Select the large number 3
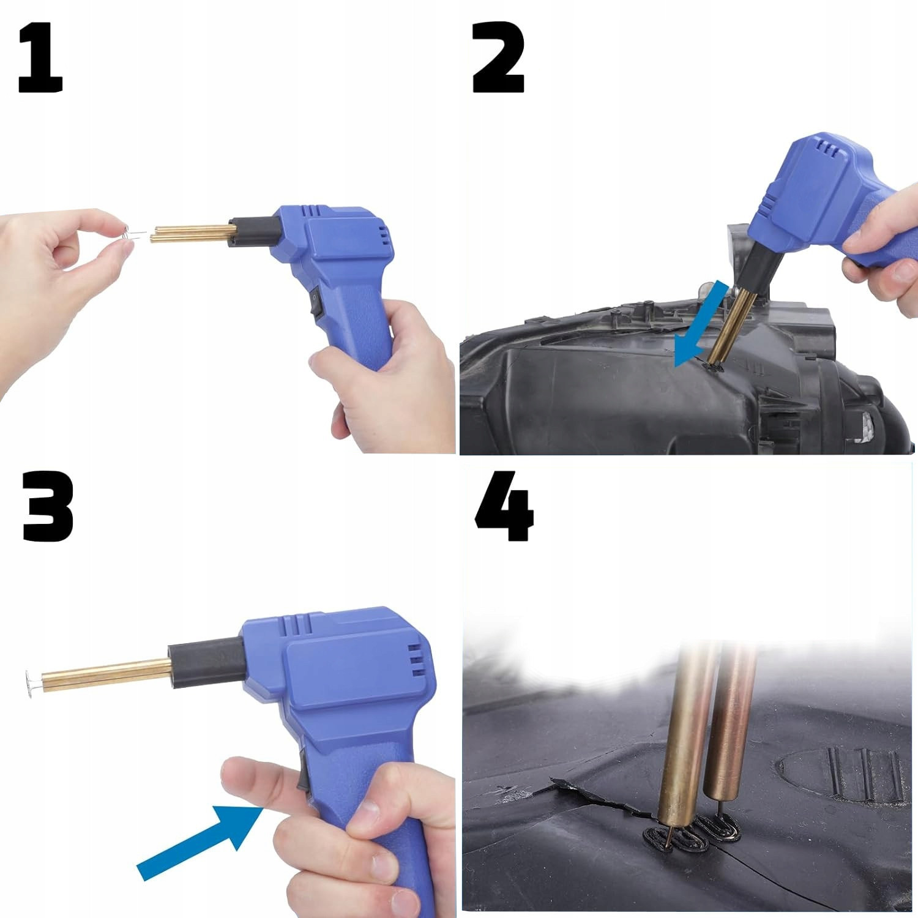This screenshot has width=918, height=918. (x=48, y=507)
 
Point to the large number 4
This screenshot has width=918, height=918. (x=504, y=507)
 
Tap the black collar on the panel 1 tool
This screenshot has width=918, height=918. (x=253, y=231)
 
